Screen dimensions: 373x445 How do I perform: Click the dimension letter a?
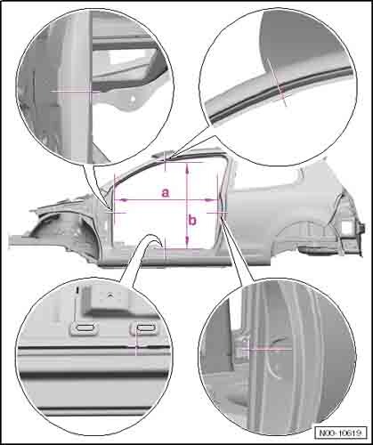coord(166,192)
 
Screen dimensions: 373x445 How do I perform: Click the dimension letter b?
coord(192,221)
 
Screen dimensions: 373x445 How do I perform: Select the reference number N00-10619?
coord(341,433)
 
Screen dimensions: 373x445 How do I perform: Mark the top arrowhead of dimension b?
coord(187,170)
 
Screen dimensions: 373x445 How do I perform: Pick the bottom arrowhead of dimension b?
coord(187,241)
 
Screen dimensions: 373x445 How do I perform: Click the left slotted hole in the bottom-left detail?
coord(84,328)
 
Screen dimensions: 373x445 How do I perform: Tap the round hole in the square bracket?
coord(110,295)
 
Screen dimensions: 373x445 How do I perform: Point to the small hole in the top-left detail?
coord(133,99)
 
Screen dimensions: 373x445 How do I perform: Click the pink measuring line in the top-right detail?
coord(277,82)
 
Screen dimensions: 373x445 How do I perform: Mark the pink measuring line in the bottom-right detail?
coord(266,349)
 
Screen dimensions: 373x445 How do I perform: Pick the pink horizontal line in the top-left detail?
coord(75,92)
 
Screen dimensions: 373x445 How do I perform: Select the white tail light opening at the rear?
coord(347,226)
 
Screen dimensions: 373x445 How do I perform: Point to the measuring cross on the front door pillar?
coord(114,212)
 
